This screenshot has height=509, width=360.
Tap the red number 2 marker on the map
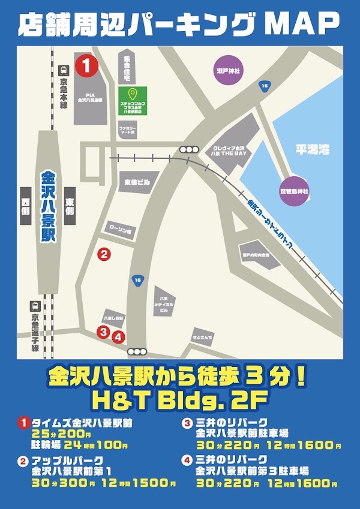(104, 254)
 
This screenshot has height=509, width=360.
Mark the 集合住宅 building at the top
(127, 66)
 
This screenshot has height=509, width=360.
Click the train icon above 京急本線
(63, 71)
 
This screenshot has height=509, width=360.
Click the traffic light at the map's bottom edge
(137, 352)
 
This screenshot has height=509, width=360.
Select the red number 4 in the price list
(187, 460)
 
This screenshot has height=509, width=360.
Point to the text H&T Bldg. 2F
(180, 399)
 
